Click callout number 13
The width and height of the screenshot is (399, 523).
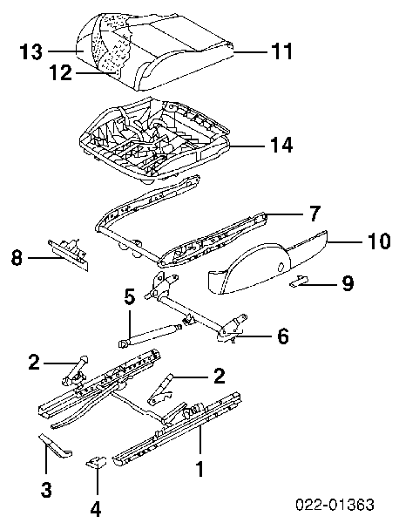(31, 51)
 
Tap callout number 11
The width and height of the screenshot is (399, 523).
(281, 51)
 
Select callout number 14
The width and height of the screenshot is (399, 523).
(281, 145)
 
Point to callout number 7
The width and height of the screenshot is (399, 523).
(314, 214)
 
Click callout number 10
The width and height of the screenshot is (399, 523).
(378, 241)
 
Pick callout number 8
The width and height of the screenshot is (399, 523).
(17, 257)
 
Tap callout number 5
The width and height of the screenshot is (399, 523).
(130, 297)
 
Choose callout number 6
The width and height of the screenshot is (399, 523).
(282, 336)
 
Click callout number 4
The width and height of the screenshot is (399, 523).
(95, 509)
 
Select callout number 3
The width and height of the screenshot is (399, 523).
(46, 490)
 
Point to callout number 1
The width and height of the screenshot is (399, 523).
(199, 469)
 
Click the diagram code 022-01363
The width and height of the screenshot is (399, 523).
(335, 505)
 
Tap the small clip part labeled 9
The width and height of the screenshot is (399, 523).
(298, 282)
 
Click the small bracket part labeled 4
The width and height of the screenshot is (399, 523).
(97, 462)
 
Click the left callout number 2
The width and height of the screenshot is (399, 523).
(34, 363)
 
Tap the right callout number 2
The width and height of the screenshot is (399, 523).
(219, 376)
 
